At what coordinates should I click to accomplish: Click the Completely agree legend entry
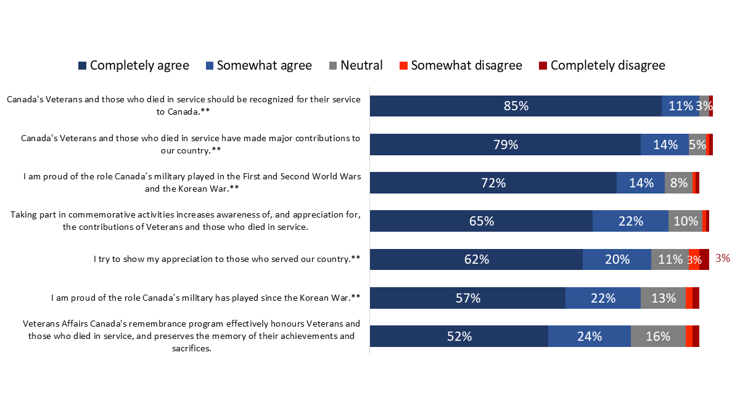coord(133,65)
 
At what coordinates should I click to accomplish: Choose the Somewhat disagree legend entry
coord(460,65)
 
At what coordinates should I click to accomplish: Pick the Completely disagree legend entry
coord(601,65)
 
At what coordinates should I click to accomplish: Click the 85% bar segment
coord(516,106)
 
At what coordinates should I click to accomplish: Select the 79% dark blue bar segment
coord(505,145)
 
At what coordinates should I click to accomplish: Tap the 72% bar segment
coord(493,183)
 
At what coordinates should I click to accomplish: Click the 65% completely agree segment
coord(481,221)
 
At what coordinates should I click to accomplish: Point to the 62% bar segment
coord(476,259)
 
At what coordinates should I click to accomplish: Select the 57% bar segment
coord(467,298)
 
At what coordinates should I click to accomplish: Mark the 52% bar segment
coord(459,336)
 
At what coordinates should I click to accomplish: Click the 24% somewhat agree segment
coord(590,336)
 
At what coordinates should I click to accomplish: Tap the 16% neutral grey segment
coord(658,336)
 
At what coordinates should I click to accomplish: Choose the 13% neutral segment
coord(663,298)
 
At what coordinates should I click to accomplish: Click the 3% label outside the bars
coord(723,259)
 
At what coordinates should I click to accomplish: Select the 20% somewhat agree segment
coord(617,259)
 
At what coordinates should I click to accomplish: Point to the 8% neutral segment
coord(678,183)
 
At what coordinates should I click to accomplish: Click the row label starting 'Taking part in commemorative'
coord(186,221)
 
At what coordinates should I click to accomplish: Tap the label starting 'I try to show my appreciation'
coord(227,259)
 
